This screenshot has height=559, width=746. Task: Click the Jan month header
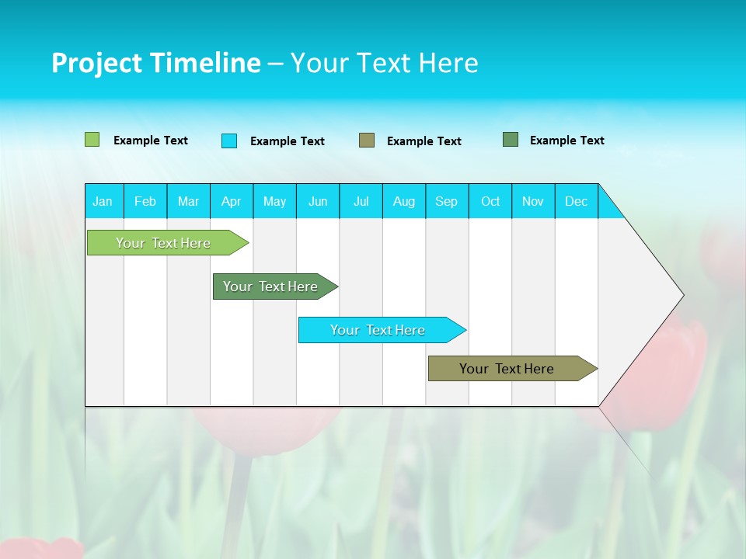click(x=103, y=201)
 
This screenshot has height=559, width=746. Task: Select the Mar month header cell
click(x=188, y=201)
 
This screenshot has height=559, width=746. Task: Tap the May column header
click(x=274, y=201)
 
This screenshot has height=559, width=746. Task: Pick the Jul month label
click(x=361, y=201)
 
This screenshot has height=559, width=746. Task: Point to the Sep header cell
click(x=446, y=201)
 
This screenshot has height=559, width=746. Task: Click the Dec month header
click(x=576, y=201)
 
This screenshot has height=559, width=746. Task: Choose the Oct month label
click(x=490, y=201)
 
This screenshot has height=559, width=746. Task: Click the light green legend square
click(x=92, y=140)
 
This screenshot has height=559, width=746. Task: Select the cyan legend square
click(x=229, y=141)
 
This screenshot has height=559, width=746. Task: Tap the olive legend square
click(x=367, y=141)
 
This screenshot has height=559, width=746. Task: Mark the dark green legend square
click(x=511, y=140)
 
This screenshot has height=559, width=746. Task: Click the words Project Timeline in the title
click(x=155, y=63)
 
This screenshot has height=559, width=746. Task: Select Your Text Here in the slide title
click(x=384, y=63)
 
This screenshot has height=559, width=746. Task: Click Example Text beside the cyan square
click(x=288, y=141)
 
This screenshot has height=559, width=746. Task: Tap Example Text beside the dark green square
click(x=567, y=141)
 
